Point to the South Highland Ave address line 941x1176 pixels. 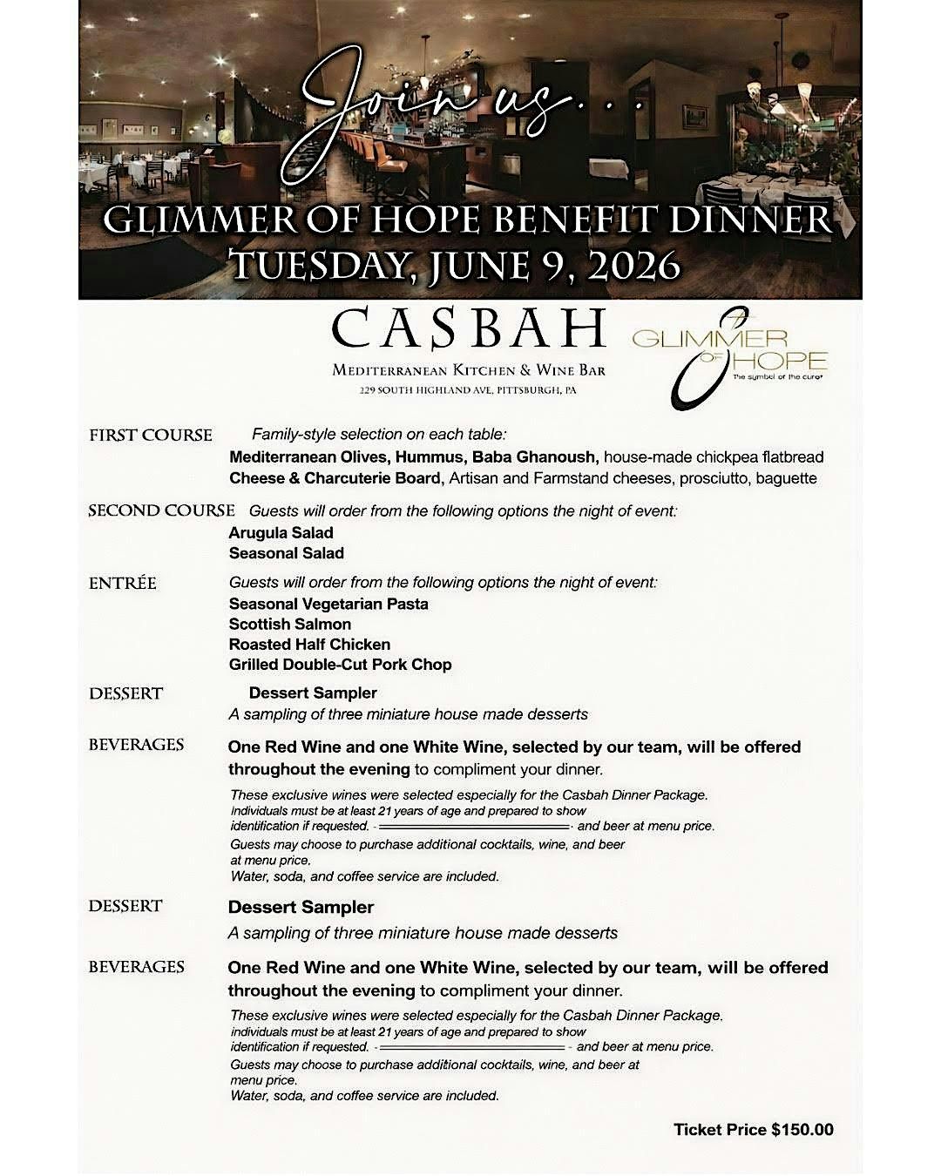coord(468,390)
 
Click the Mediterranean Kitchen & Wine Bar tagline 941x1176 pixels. coord(469,370)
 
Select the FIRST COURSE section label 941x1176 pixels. coord(151,436)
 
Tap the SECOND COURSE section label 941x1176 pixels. coord(161,510)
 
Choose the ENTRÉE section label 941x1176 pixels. coord(123,583)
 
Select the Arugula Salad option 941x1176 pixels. coord(281,532)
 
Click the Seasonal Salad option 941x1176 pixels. coord(286,553)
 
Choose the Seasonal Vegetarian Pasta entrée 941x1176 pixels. coord(328,604)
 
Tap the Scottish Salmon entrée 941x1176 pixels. coord(290,624)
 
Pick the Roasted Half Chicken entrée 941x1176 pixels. coord(309,645)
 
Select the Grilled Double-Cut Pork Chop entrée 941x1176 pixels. coord(340,665)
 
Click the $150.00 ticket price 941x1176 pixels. coord(802,1130)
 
